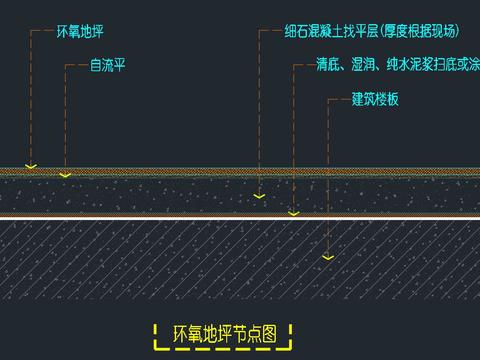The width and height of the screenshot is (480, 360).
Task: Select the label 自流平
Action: [x=108, y=66]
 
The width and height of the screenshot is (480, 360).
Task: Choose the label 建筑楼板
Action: [x=375, y=100]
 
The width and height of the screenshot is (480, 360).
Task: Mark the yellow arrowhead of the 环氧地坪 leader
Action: [x=32, y=166]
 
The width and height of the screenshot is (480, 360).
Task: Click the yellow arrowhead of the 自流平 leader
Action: [x=66, y=175]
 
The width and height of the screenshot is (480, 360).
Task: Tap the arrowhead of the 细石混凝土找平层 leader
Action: [x=259, y=196]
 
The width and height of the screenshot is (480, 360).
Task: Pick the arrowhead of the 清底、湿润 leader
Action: [x=293, y=213]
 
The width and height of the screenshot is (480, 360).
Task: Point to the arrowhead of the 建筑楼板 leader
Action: [x=326, y=258]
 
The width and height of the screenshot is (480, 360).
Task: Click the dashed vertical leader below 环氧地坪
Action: [x=32, y=100]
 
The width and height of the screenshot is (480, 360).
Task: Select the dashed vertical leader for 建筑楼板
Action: [x=326, y=180]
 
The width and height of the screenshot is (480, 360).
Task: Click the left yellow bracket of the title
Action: [x=157, y=333]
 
